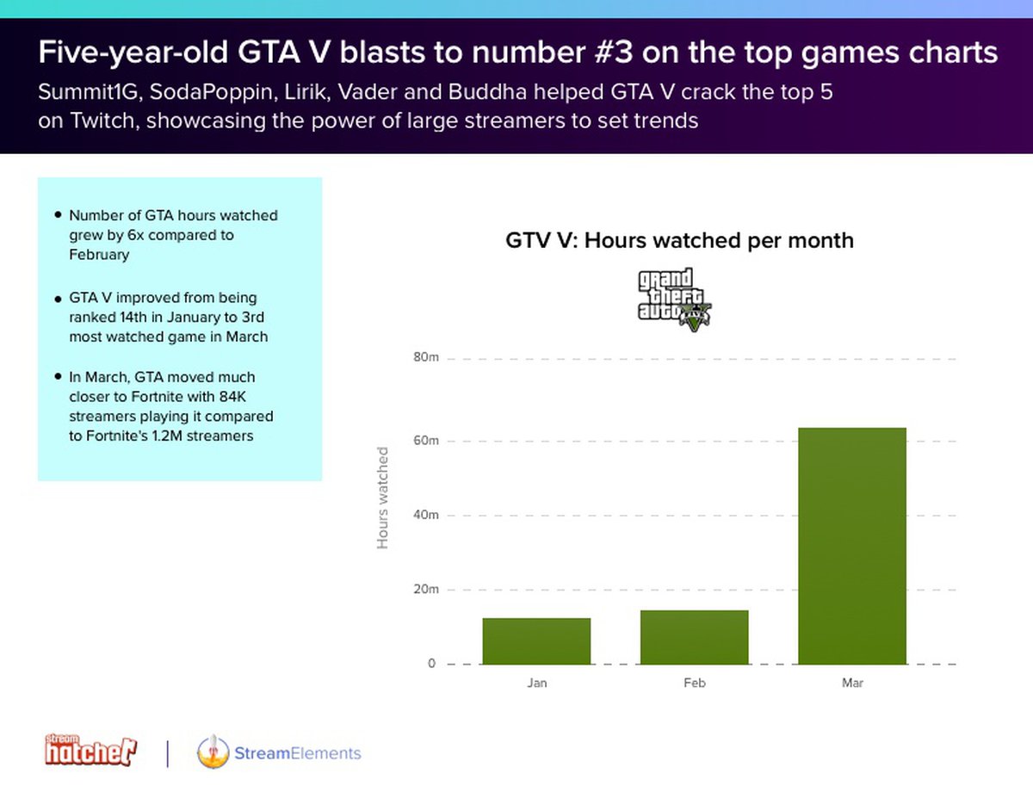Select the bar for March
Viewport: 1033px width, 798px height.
click(851, 546)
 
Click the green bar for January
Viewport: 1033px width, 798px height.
click(536, 641)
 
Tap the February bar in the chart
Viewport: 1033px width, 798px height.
click(694, 637)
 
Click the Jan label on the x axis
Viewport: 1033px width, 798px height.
click(537, 684)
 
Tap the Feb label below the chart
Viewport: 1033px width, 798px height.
click(695, 684)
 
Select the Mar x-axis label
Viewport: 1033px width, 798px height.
click(852, 684)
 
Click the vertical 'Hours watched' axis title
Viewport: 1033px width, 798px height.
click(383, 498)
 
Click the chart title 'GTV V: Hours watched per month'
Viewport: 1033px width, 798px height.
click(679, 240)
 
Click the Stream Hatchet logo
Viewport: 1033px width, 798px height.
click(90, 750)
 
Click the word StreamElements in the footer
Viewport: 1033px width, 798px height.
click(297, 753)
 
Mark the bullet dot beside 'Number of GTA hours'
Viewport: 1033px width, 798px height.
click(58, 215)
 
